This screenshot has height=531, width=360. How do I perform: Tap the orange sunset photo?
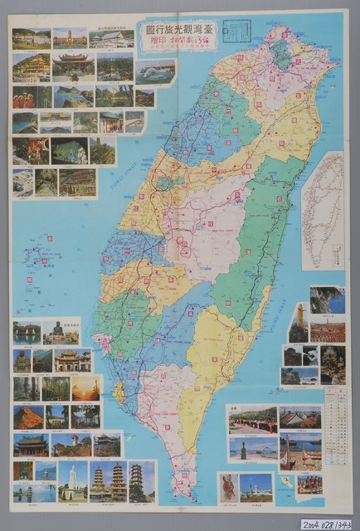coord(86,388)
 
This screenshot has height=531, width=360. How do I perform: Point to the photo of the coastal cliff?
coord(328,300)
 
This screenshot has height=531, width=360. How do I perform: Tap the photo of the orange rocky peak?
coord(27,416)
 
